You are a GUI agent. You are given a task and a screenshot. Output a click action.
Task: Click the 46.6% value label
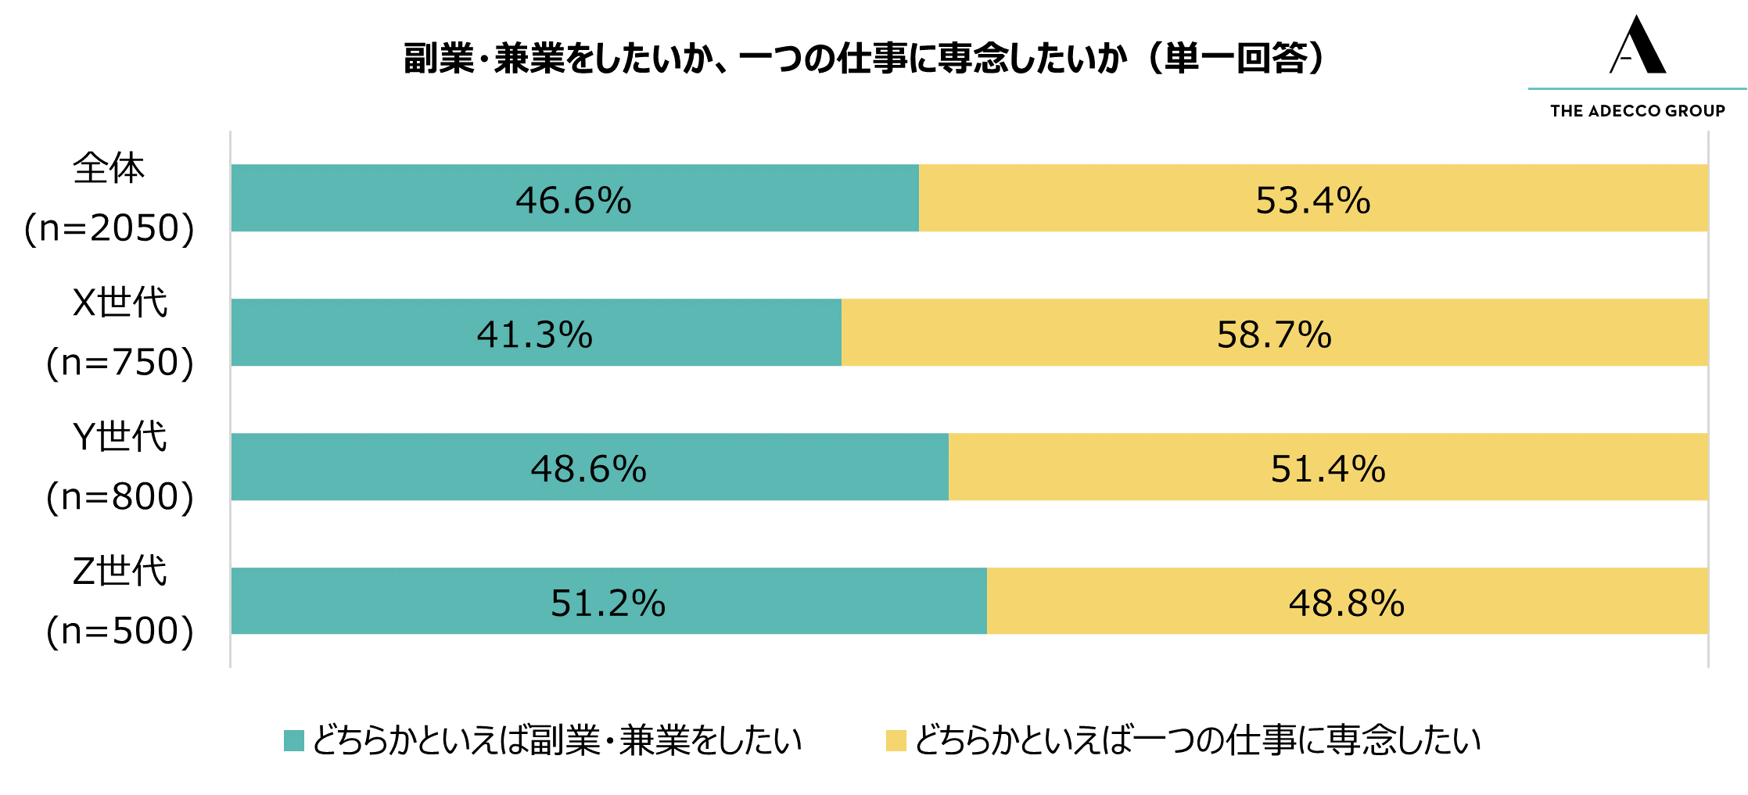click(573, 200)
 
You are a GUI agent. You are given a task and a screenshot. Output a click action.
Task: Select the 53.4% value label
click(1313, 200)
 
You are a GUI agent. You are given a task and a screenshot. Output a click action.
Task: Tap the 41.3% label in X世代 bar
click(535, 335)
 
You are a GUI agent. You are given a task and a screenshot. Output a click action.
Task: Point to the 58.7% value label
click(1274, 335)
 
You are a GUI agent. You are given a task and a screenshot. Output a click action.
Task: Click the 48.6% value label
click(589, 469)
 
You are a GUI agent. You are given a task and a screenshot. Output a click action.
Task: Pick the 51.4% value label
click(1328, 469)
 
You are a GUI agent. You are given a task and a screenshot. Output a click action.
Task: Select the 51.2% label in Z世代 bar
click(608, 603)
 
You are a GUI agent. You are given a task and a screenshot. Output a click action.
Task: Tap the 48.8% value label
click(1347, 603)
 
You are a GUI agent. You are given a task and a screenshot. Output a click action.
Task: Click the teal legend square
click(294, 740)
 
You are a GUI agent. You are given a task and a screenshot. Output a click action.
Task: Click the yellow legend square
click(896, 740)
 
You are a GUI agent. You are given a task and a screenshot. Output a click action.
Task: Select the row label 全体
click(109, 168)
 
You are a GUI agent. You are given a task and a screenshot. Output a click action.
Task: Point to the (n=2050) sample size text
click(109, 228)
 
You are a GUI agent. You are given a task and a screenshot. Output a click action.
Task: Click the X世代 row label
click(120, 302)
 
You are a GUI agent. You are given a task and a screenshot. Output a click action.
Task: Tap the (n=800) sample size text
click(120, 497)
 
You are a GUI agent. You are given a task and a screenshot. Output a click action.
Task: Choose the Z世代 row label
click(120, 571)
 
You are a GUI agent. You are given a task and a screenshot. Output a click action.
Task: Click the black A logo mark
click(1638, 45)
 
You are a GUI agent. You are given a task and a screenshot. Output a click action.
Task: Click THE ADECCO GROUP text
click(1638, 111)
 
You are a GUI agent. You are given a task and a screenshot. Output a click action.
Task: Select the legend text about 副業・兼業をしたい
click(557, 740)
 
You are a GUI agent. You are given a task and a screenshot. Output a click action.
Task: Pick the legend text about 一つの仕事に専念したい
click(1197, 740)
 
